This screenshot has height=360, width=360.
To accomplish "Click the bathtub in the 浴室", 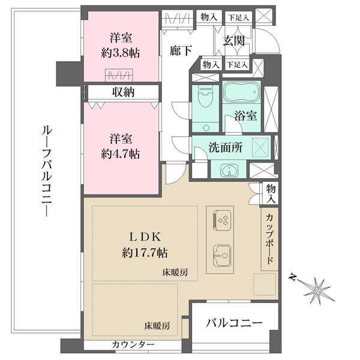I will click(x=241, y=94).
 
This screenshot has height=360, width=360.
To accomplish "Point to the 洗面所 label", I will click(x=225, y=148).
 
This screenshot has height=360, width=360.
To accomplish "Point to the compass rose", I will click(x=316, y=292).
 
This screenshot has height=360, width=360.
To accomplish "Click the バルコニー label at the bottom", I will click(x=234, y=323).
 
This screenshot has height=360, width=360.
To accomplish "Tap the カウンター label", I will click(x=133, y=345).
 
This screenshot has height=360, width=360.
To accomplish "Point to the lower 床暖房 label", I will click(x=157, y=326).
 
